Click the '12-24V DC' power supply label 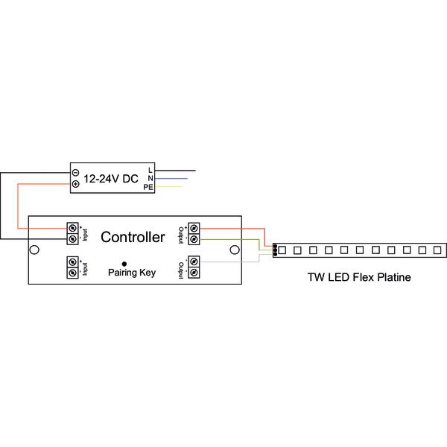[x=110, y=179]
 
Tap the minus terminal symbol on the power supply [x=75, y=173]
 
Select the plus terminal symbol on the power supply [x=75, y=184]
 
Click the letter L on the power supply [x=150, y=170]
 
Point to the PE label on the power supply [x=148, y=187]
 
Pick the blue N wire [x=171, y=179]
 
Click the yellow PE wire [x=168, y=187]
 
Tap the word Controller [x=133, y=237]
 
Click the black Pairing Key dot [x=124, y=264]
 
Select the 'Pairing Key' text [x=132, y=273]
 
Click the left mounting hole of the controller [x=34, y=250]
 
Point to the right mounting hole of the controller [x=235, y=250]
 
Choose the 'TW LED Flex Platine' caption [x=359, y=277]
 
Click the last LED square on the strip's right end [x=437, y=250]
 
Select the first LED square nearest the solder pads [x=282, y=250]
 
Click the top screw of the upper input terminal [x=72, y=228]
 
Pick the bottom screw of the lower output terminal [x=194, y=272]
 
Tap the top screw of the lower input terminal [x=72, y=261]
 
